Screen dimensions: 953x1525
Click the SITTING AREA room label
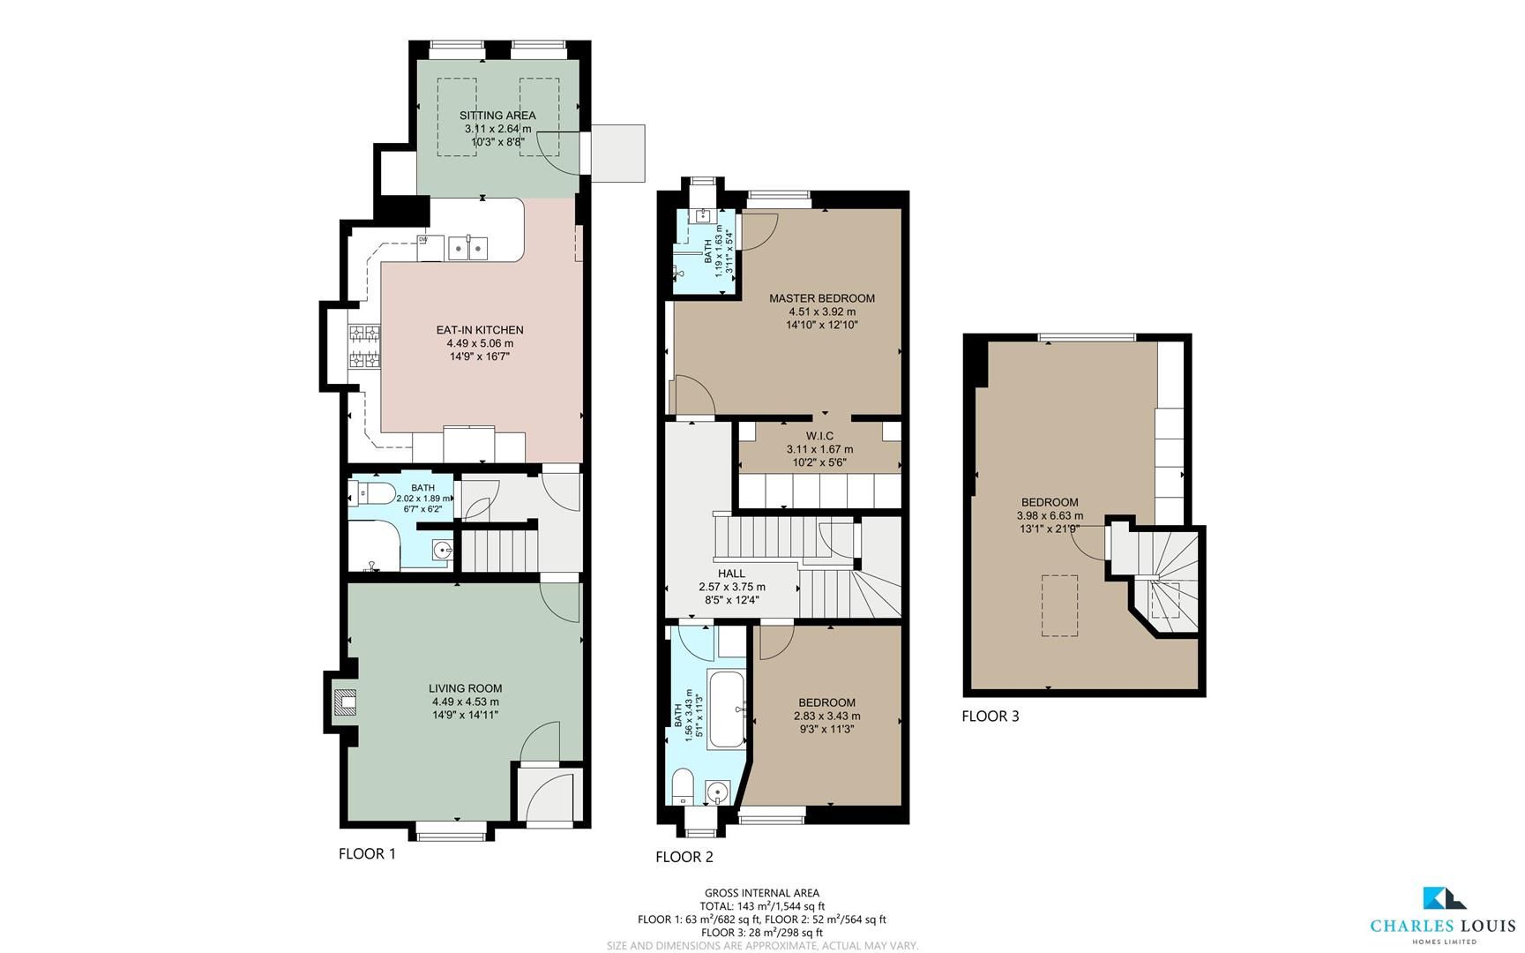(x=497, y=116)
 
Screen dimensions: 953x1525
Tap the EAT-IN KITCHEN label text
(x=479, y=330)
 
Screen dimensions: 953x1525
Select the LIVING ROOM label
(x=465, y=688)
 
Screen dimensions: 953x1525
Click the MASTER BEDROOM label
(x=821, y=298)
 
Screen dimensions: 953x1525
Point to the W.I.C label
(x=819, y=436)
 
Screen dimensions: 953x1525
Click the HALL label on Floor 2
(x=731, y=574)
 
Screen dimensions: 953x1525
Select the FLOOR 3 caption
(x=990, y=716)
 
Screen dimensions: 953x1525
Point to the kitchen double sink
(x=467, y=249)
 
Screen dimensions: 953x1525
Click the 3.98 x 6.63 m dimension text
(x=1050, y=516)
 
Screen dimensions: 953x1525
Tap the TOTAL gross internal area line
(x=762, y=905)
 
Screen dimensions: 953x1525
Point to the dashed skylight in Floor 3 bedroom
(x=1060, y=605)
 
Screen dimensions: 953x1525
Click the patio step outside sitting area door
(x=618, y=154)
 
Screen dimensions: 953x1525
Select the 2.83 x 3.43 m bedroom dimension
(x=826, y=716)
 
